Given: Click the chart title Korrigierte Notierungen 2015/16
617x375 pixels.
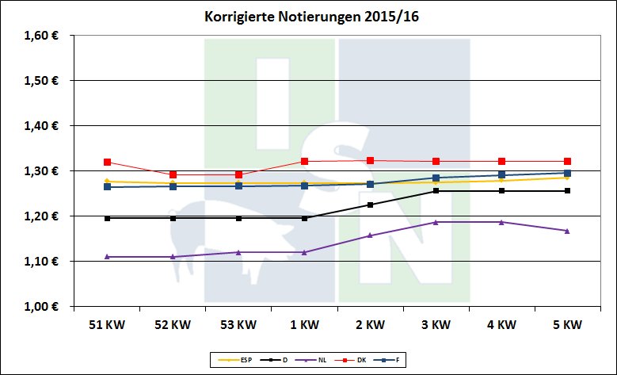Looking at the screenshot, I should tap(308, 17).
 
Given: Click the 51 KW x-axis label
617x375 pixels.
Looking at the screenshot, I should tap(107, 325).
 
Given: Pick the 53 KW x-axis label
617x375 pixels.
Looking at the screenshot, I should tap(238, 325).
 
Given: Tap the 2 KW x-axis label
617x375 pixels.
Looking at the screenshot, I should tap(370, 325).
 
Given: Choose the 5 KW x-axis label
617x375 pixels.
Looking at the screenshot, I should tap(567, 325).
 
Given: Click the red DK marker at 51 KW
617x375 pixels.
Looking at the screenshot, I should tap(107, 163).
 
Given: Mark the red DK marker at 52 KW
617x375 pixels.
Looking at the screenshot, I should tap(173, 174).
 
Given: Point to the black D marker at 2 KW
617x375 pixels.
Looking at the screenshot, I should tap(370, 205).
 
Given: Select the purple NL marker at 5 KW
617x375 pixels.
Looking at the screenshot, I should tap(567, 231).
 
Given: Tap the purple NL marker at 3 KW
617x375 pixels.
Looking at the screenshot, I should tap(436, 222).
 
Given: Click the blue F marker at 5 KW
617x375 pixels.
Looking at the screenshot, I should tap(567, 173).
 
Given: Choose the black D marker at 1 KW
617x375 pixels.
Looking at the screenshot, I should tap(304, 218).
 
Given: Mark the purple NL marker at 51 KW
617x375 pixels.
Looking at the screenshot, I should tap(107, 257).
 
